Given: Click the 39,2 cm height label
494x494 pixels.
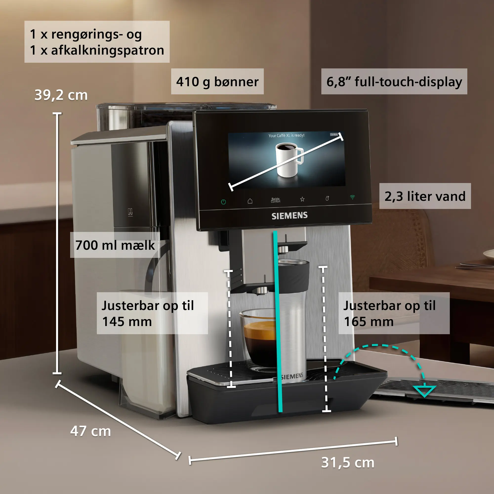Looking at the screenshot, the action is pyautogui.click(x=61, y=95).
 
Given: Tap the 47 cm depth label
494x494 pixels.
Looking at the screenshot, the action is pyautogui.click(x=90, y=431).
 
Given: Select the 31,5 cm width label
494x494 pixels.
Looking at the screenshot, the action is pyautogui.click(x=348, y=463).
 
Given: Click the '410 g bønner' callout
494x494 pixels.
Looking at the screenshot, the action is pyautogui.click(x=217, y=82).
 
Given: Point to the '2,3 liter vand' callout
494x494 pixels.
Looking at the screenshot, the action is pyautogui.click(x=425, y=196).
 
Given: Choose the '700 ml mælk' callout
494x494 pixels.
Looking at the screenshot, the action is pyautogui.click(x=115, y=245).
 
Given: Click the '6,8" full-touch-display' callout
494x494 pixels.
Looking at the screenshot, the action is pyautogui.click(x=394, y=82).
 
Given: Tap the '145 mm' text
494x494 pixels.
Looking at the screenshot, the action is pyautogui.click(x=127, y=322).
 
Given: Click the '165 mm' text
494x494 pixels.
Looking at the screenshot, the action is pyautogui.click(x=369, y=322).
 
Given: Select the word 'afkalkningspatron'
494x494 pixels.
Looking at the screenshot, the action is pyautogui.click(x=108, y=50).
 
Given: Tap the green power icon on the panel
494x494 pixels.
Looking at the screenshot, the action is pyautogui.click(x=224, y=202).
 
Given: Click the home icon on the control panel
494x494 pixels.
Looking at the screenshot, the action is pyautogui.click(x=250, y=201).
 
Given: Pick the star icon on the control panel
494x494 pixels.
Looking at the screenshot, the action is pyautogui.click(x=302, y=199).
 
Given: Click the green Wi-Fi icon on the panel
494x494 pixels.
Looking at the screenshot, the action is pyautogui.click(x=352, y=197).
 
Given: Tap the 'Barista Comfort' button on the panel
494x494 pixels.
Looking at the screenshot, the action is pyautogui.click(x=276, y=200).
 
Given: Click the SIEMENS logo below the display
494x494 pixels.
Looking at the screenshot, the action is pyautogui.click(x=289, y=216).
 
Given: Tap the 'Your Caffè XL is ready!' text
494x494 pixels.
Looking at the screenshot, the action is pyautogui.click(x=286, y=135).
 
